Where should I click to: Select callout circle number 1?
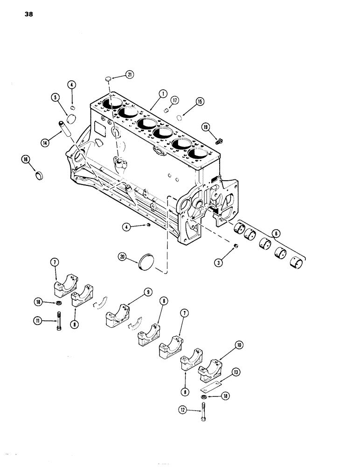[x=162, y=93]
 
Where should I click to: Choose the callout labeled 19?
[x=206, y=127]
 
